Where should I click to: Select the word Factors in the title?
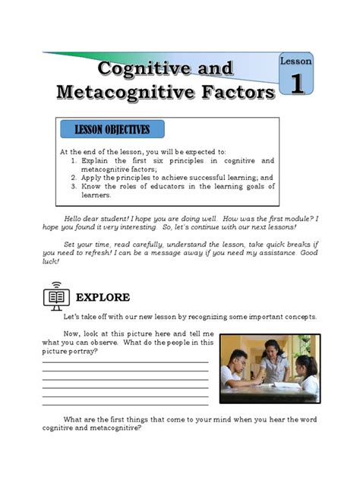[238, 93]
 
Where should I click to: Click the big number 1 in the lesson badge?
[296, 85]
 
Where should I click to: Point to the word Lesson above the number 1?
[296, 61]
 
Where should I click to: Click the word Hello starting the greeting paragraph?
[75, 219]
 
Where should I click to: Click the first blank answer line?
[125, 362]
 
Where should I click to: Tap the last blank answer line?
[125, 404]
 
